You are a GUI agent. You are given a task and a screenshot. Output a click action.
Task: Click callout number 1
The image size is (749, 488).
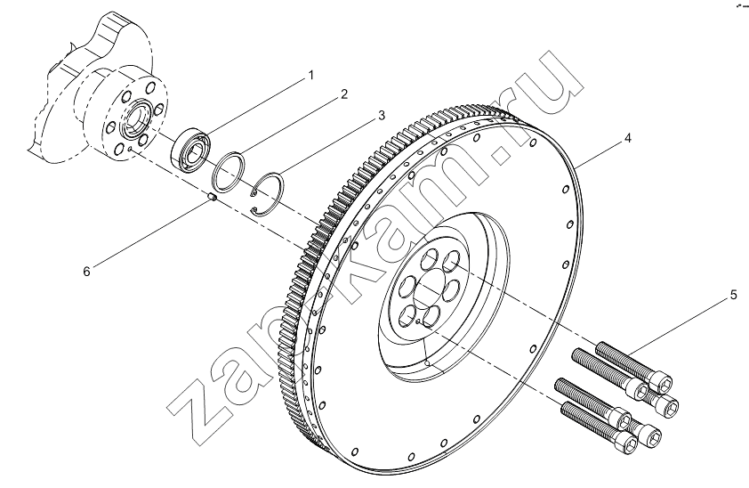pos(311,76)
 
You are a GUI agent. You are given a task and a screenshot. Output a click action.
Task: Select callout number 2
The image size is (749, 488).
pos(344,94)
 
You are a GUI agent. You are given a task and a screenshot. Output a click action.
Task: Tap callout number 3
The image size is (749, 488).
pos(381,115)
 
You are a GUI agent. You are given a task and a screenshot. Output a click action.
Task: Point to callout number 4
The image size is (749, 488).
pos(627,138)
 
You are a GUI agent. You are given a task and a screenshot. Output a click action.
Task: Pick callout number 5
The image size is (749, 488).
pos(734,296)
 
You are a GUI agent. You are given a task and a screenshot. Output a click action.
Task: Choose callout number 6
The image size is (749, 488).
pos(86,272)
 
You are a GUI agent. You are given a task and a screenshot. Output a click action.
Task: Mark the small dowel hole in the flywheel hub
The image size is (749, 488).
pos(418,321)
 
